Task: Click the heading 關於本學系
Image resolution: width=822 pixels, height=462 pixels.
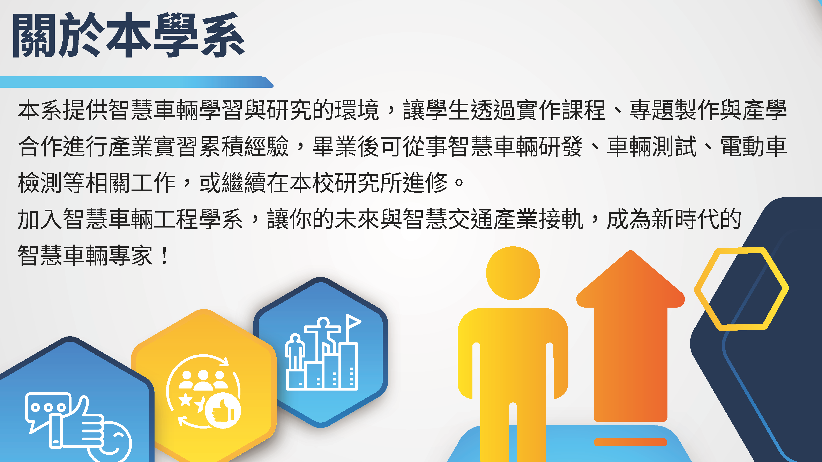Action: click(128, 35)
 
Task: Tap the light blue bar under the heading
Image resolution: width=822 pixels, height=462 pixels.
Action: click(137, 82)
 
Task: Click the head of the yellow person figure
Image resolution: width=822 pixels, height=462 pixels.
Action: click(513, 273)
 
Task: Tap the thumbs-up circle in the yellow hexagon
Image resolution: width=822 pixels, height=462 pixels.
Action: click(223, 410)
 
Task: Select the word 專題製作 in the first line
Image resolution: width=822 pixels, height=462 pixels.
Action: click(674, 110)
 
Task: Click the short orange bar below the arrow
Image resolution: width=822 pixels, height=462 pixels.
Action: click(630, 442)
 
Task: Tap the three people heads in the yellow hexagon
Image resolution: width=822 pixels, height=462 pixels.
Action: click(203, 380)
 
